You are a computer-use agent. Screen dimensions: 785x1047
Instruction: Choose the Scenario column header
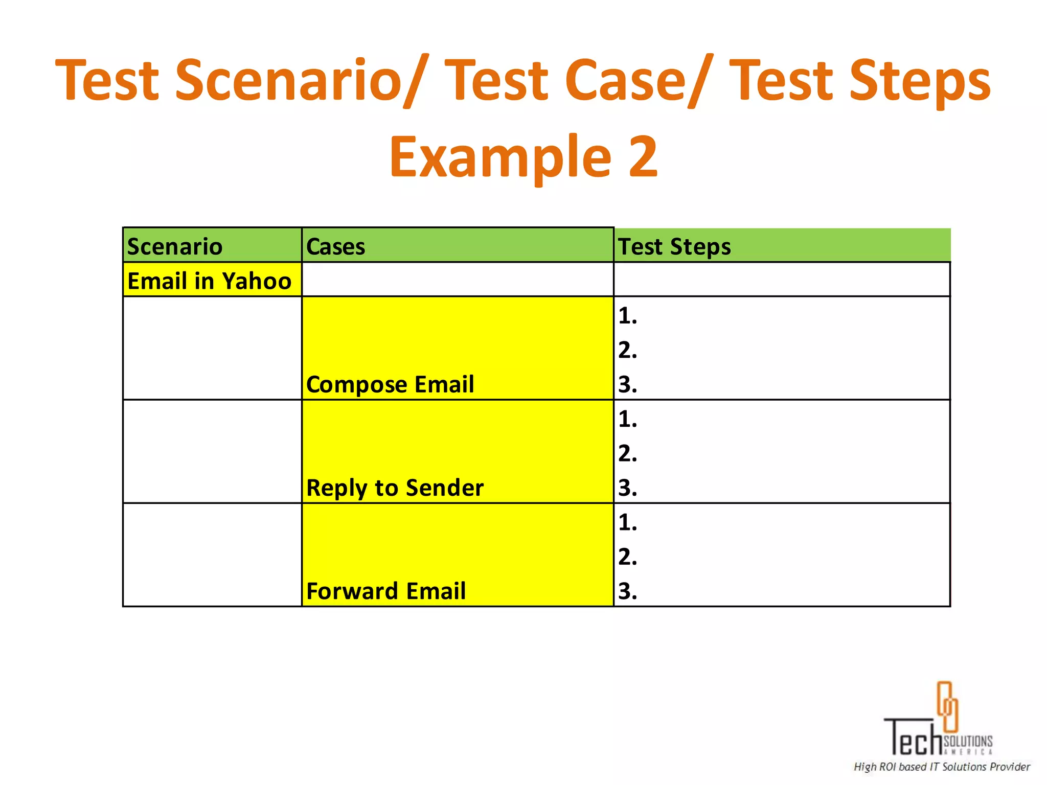[175, 247]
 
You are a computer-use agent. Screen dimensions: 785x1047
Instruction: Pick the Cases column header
[335, 247]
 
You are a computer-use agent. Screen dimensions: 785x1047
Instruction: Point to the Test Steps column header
[674, 247]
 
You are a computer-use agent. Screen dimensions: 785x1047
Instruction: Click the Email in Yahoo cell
[209, 281]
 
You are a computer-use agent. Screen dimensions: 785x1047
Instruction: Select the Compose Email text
[390, 384]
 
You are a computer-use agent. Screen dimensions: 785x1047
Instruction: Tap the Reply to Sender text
[395, 488]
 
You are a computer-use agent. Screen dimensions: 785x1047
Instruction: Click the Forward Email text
[386, 591]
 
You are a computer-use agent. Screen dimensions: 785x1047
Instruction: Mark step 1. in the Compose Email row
[627, 316]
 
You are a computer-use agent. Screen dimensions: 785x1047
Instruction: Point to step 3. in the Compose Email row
[627, 385]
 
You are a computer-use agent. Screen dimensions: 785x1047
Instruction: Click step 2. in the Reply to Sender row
[627, 453]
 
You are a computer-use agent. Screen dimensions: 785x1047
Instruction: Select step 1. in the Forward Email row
[627, 522]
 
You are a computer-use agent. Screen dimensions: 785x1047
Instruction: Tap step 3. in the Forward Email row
[627, 591]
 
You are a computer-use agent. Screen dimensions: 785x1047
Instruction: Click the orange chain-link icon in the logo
[947, 706]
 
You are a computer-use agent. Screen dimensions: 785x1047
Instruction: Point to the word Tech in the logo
[913, 738]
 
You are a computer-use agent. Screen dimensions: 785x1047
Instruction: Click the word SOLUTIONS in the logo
[968, 741]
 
